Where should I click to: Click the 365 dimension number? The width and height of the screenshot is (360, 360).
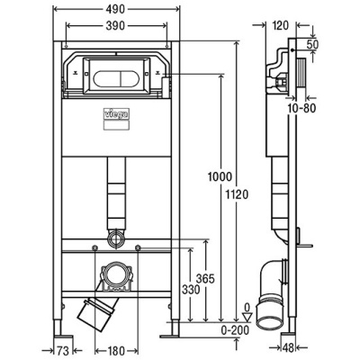point(204,280)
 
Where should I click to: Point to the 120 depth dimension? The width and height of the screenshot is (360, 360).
point(279,27)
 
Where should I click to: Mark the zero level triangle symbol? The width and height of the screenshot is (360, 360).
point(248,317)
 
